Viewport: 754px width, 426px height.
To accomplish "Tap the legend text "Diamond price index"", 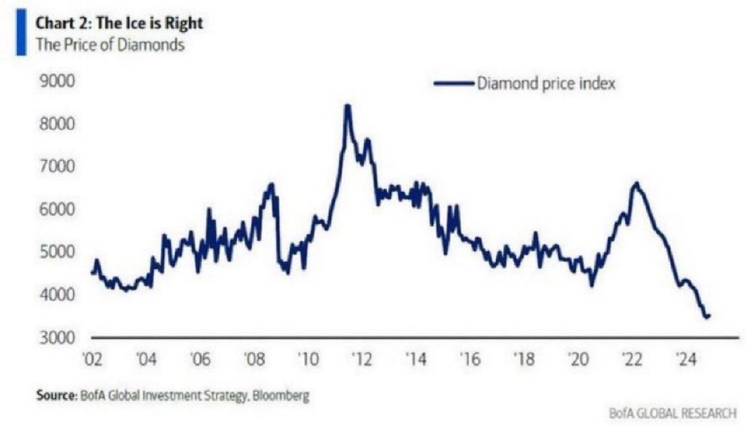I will pyautogui.click(x=545, y=85).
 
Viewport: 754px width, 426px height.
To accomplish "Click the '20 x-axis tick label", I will pyautogui.click(x=578, y=358).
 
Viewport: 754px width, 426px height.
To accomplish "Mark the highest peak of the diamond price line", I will pyautogui.click(x=347, y=106).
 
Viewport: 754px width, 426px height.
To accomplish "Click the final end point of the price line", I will pyautogui.click(x=709, y=315).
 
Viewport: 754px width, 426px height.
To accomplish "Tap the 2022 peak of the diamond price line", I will pyautogui.click(x=635, y=183).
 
